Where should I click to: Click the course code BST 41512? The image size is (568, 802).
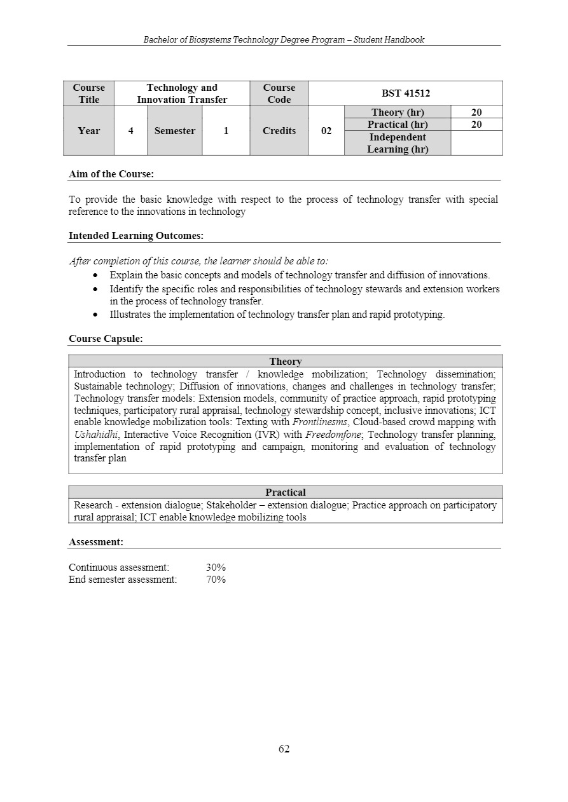point(405,93)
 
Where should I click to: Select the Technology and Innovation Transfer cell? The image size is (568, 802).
point(182,93)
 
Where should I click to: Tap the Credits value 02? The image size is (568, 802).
point(326,131)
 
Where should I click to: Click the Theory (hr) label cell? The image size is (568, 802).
point(398,112)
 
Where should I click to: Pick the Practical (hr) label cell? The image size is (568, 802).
point(398,125)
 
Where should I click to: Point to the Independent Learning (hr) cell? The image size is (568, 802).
point(398,143)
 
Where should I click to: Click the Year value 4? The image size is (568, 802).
point(130,131)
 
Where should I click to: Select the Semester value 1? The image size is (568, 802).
point(226,131)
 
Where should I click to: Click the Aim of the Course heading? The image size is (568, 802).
point(111,173)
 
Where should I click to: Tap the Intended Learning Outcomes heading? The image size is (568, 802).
point(136,236)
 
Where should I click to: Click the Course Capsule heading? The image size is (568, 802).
point(106,339)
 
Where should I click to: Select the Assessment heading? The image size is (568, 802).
point(96,542)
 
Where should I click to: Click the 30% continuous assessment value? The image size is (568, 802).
point(216,567)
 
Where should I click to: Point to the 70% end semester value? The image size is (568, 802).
point(216,580)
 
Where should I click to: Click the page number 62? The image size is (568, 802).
point(284,749)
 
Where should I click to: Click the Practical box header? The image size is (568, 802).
point(285,493)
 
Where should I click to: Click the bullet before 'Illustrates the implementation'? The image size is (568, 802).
point(95,315)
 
